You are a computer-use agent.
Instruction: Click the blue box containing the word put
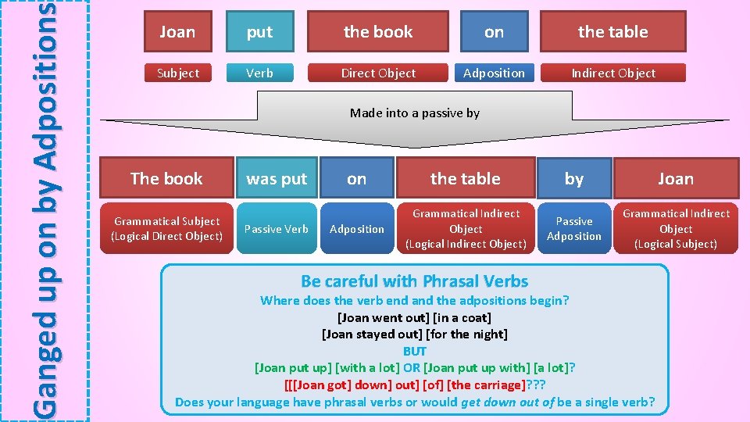[259, 32]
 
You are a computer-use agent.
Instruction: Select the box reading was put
[277, 179]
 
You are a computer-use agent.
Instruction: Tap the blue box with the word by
[574, 179]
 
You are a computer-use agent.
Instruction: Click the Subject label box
[178, 73]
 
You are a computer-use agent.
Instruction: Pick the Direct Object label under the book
[378, 73]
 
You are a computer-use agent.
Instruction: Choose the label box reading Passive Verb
[277, 229]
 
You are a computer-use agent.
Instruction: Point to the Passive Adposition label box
[574, 229]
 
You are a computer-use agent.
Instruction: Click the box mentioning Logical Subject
[676, 229]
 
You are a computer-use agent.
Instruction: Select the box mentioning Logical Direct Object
[167, 229]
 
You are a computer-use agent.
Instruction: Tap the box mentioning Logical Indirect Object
[466, 229]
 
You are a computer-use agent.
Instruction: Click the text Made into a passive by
[415, 113]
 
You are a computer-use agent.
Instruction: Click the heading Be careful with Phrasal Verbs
[414, 281]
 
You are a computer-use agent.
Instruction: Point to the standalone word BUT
[415, 352]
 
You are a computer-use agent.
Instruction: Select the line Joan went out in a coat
[414, 317]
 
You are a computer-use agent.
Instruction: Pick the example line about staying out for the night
[415, 334]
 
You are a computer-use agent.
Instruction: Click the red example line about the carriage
[415, 385]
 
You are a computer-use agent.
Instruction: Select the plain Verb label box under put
[259, 73]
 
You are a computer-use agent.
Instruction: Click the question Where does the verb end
[414, 300]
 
